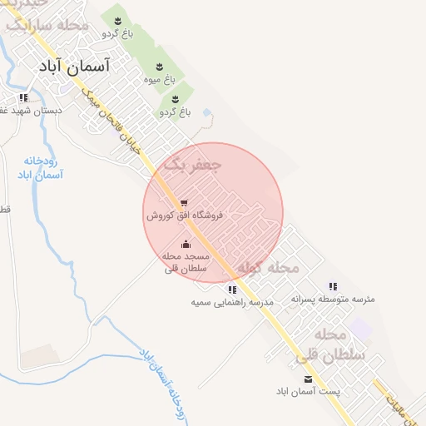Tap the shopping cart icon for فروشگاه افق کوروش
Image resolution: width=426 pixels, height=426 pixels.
click(183, 202)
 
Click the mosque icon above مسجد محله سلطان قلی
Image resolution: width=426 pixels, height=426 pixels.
click(185, 245)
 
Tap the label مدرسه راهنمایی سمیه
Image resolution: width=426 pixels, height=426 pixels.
click(232, 303)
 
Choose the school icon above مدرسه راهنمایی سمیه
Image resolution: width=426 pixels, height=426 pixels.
click(232, 290)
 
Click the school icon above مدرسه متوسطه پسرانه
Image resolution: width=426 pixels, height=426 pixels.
click(333, 285)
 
